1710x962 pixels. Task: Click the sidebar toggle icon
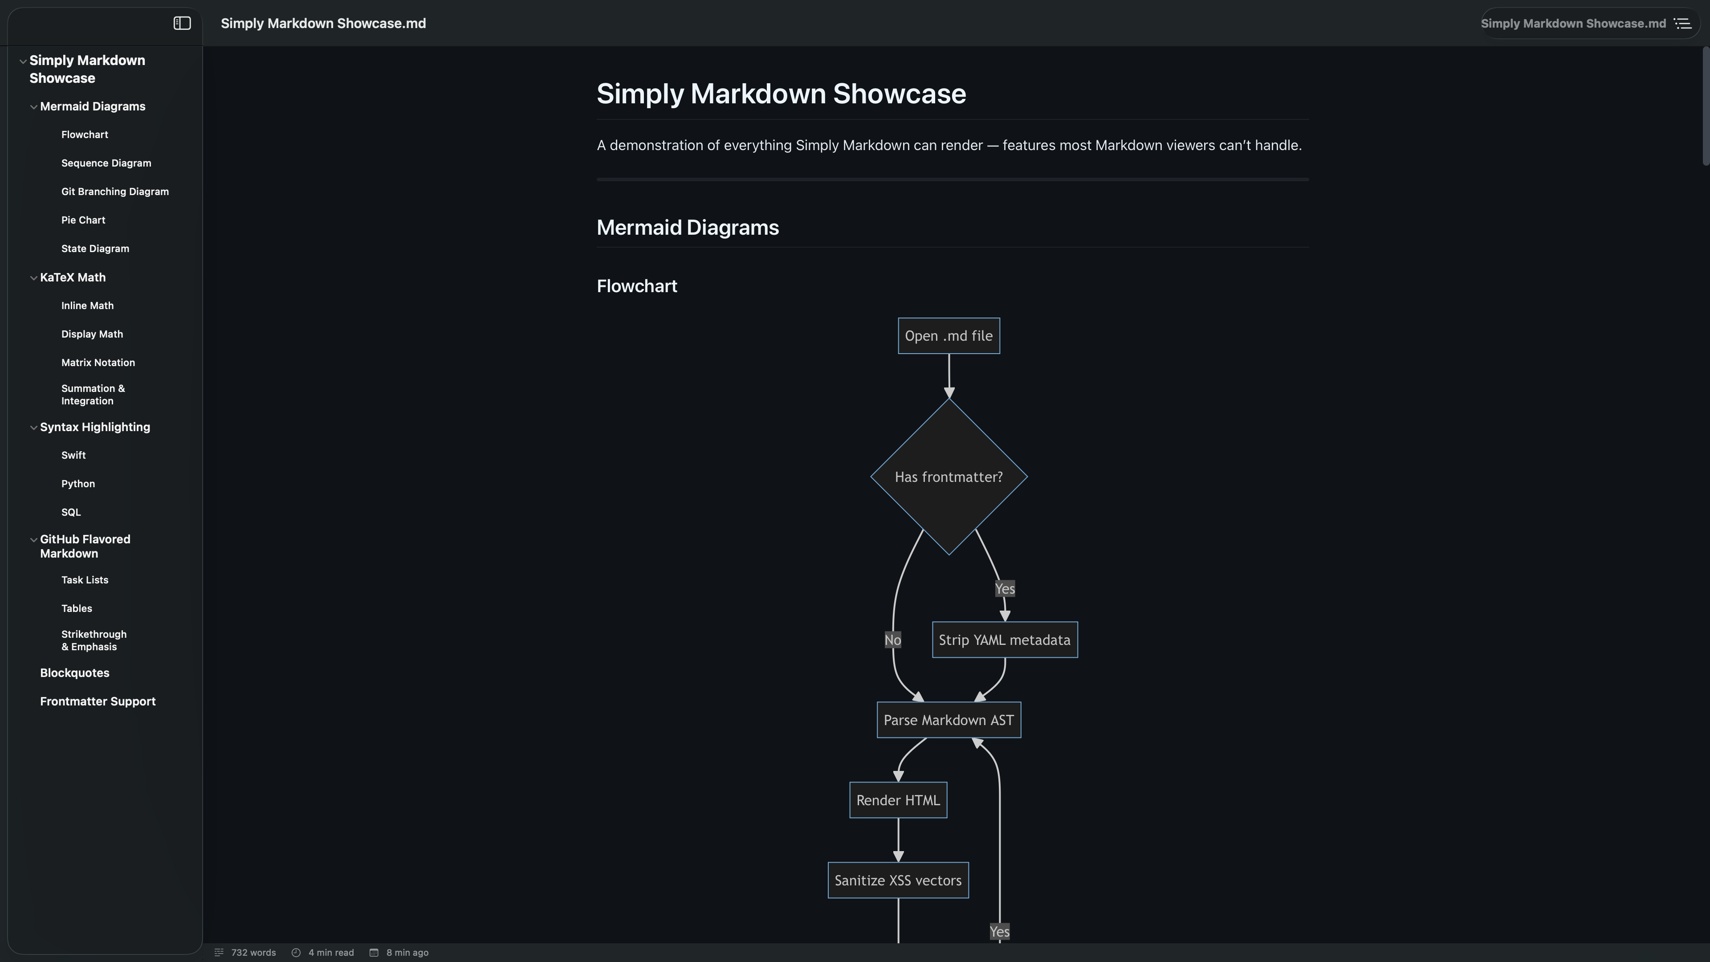click(x=182, y=23)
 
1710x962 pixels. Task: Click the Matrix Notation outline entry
click(x=98, y=363)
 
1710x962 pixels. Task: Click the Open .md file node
click(x=949, y=336)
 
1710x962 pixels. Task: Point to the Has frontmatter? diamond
click(x=949, y=477)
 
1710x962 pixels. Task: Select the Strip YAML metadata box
click(x=1004, y=640)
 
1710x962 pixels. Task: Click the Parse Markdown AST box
click(x=949, y=720)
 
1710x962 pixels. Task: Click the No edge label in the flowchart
click(x=892, y=640)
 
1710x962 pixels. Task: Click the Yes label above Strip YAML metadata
click(x=1004, y=589)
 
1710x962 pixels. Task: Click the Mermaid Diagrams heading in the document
click(x=687, y=228)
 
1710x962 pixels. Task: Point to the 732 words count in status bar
click(x=253, y=953)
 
